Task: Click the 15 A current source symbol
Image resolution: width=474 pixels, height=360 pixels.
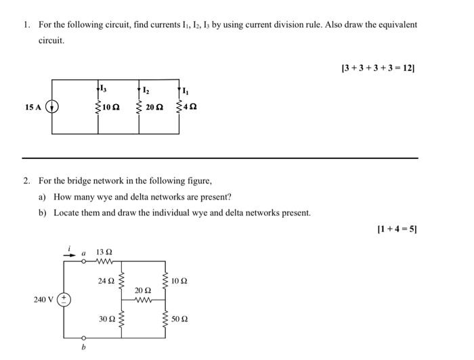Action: [x=52, y=107]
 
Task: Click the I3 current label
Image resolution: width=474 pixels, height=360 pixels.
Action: [x=103, y=88]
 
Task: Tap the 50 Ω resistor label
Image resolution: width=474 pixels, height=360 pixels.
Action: [x=180, y=318]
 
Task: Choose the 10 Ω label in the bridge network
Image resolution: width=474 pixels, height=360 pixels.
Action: [x=180, y=280]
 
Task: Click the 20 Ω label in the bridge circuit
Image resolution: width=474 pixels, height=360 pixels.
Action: [x=143, y=290]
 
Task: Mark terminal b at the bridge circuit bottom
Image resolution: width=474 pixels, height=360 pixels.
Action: [x=84, y=347]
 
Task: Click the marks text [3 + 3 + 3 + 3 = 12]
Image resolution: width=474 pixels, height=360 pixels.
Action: [x=379, y=68]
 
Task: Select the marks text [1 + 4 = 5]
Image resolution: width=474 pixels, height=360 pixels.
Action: [x=396, y=229]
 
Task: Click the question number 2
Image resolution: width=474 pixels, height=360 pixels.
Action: [x=25, y=181]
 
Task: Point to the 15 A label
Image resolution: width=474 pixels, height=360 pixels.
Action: [x=32, y=107]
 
